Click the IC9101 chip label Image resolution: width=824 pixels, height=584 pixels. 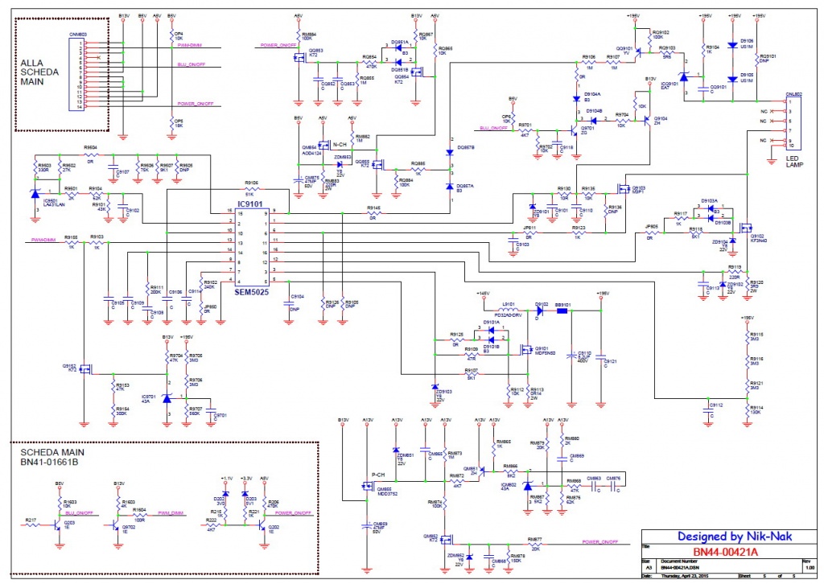coord(252,205)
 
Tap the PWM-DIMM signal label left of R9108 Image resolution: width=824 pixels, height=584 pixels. coord(43,239)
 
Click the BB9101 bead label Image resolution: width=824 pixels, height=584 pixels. coord(562,305)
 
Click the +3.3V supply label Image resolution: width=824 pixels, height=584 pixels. coord(247,478)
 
